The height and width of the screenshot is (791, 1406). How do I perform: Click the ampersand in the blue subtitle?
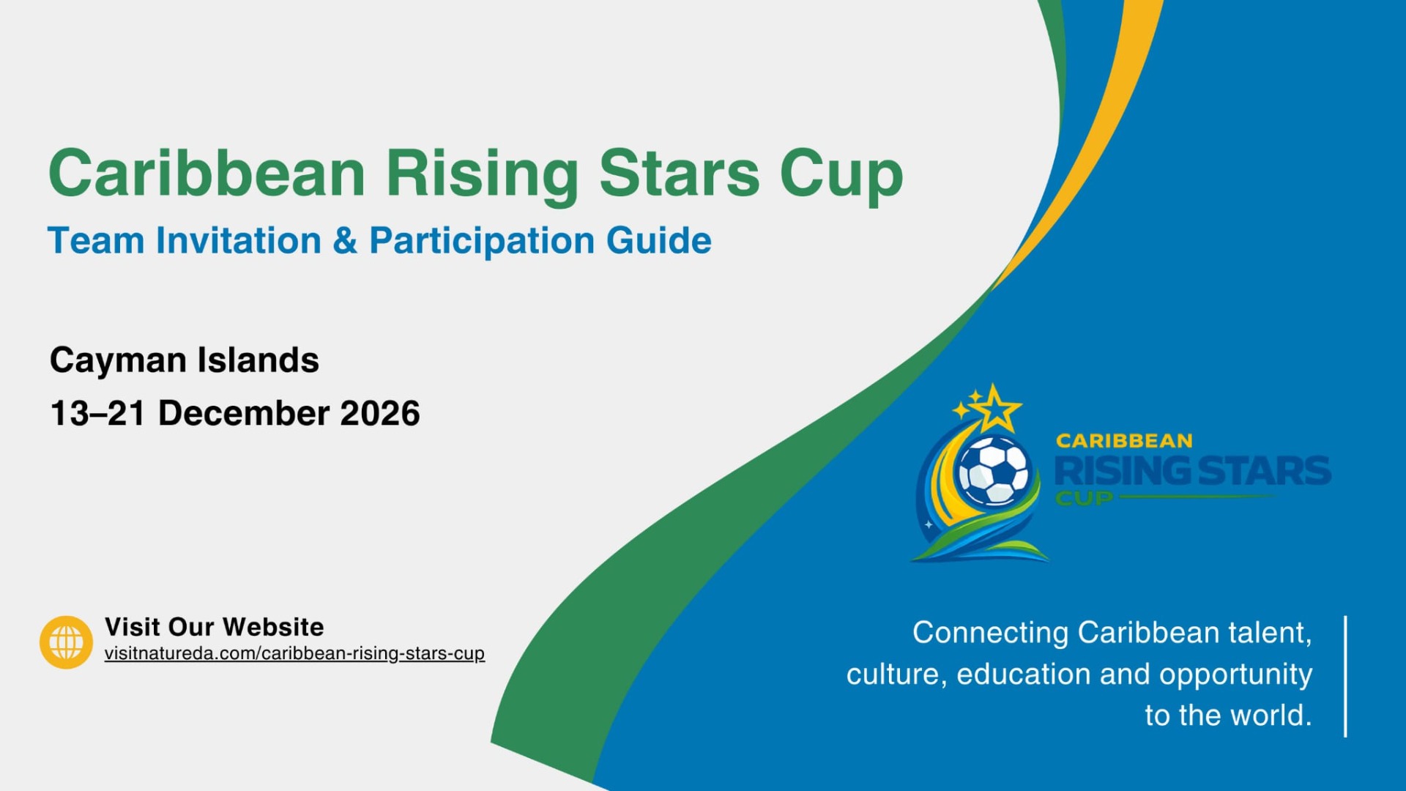click(345, 241)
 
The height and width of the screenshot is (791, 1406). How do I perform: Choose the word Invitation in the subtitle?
click(239, 241)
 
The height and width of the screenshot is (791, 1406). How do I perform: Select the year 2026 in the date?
click(380, 413)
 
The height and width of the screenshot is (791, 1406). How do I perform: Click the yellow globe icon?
click(66, 642)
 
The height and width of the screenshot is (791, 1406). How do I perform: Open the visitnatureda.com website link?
click(294, 653)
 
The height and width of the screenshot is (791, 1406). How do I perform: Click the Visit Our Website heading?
click(215, 627)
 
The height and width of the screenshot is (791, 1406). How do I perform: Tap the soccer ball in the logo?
click(994, 470)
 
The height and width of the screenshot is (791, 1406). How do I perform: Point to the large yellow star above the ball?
click(995, 409)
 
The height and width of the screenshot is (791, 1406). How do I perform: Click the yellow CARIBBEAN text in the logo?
click(1124, 441)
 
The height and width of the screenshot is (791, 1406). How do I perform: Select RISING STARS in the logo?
click(1193, 471)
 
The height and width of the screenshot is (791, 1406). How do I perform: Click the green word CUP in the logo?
click(1084, 498)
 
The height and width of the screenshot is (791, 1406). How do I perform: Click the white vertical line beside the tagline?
click(1346, 676)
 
